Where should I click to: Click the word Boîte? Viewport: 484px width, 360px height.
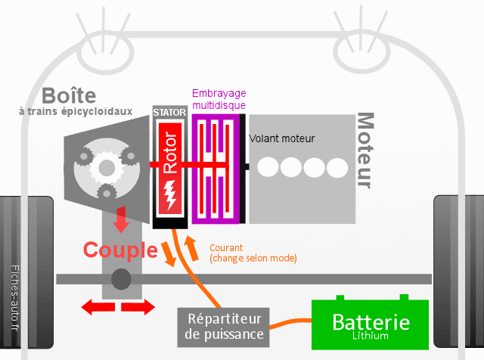[70, 96]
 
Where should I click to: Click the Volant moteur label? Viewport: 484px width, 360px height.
[281, 138]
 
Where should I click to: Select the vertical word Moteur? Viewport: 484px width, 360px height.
[365, 151]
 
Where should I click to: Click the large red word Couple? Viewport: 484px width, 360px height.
[120, 250]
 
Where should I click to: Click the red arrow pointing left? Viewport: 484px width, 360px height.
[96, 306]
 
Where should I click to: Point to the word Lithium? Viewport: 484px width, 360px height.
[371, 336]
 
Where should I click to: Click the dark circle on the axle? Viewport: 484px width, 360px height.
[121, 279]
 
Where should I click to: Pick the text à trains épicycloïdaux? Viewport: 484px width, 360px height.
[76, 111]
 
